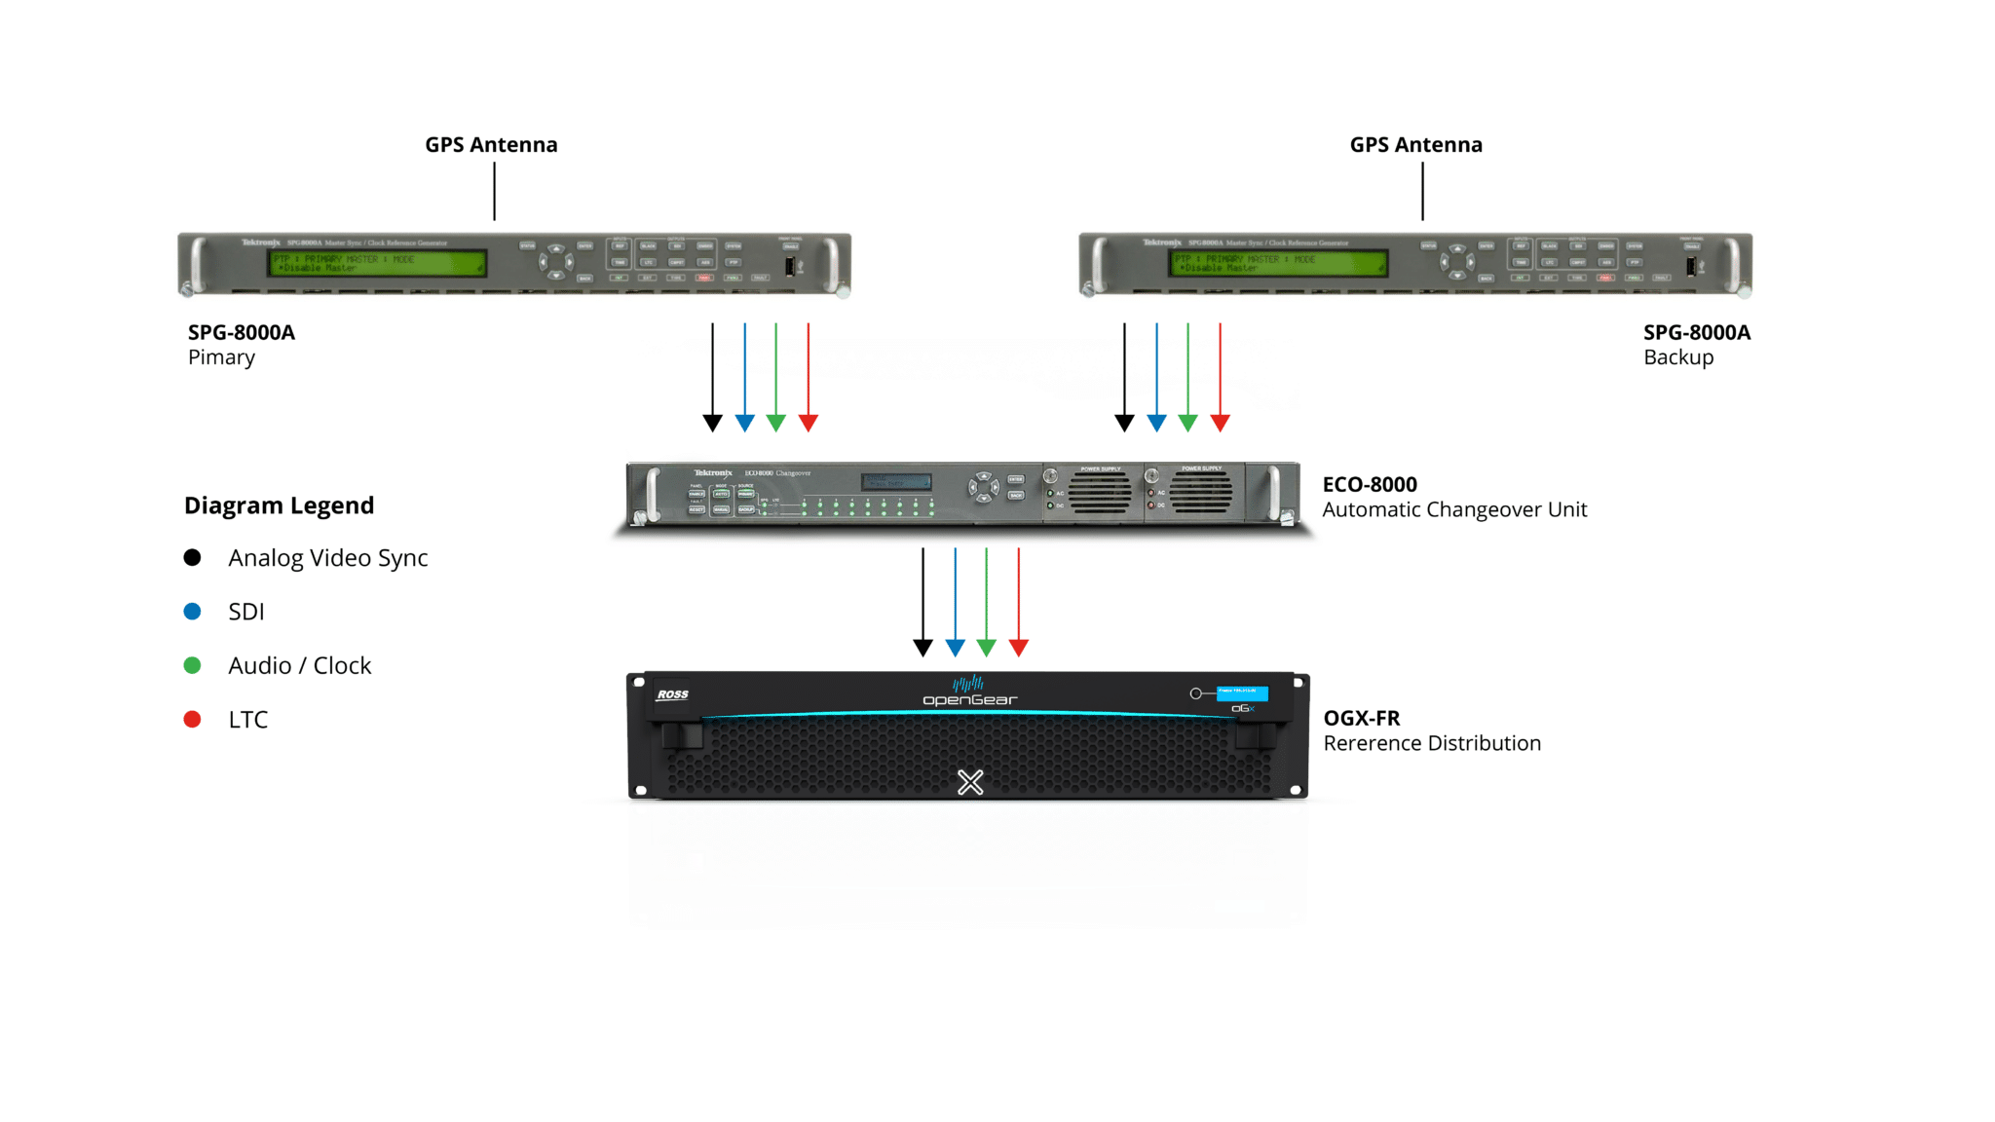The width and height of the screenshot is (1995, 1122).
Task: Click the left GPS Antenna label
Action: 491,145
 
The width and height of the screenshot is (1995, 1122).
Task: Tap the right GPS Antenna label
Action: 1415,145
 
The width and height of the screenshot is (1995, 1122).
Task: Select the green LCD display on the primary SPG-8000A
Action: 378,263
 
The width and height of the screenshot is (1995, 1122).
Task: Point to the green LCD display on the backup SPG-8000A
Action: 1279,263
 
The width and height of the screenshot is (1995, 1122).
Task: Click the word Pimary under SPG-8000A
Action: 221,357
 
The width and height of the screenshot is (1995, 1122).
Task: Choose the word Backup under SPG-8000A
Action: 1678,357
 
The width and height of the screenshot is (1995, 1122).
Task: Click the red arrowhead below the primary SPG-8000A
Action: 809,423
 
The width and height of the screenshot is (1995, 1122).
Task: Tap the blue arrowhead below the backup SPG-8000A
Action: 1156,423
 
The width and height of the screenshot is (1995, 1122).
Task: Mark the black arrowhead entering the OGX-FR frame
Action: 922,648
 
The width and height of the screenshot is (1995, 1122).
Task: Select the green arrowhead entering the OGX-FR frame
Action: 987,648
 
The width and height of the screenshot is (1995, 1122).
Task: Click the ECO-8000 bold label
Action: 1370,485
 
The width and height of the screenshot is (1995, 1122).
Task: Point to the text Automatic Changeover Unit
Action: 1454,510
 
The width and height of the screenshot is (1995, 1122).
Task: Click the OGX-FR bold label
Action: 1362,719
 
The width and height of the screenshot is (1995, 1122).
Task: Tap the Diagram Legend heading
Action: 279,505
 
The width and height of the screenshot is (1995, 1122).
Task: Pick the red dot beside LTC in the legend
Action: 193,720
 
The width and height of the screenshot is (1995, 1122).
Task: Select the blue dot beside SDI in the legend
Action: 193,612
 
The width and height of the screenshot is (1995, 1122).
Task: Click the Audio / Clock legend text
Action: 299,666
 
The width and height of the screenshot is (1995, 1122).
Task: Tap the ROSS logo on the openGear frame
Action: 672,694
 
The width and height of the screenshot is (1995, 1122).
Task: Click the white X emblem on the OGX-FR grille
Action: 970,782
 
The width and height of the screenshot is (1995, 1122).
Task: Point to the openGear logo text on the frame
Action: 969,699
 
